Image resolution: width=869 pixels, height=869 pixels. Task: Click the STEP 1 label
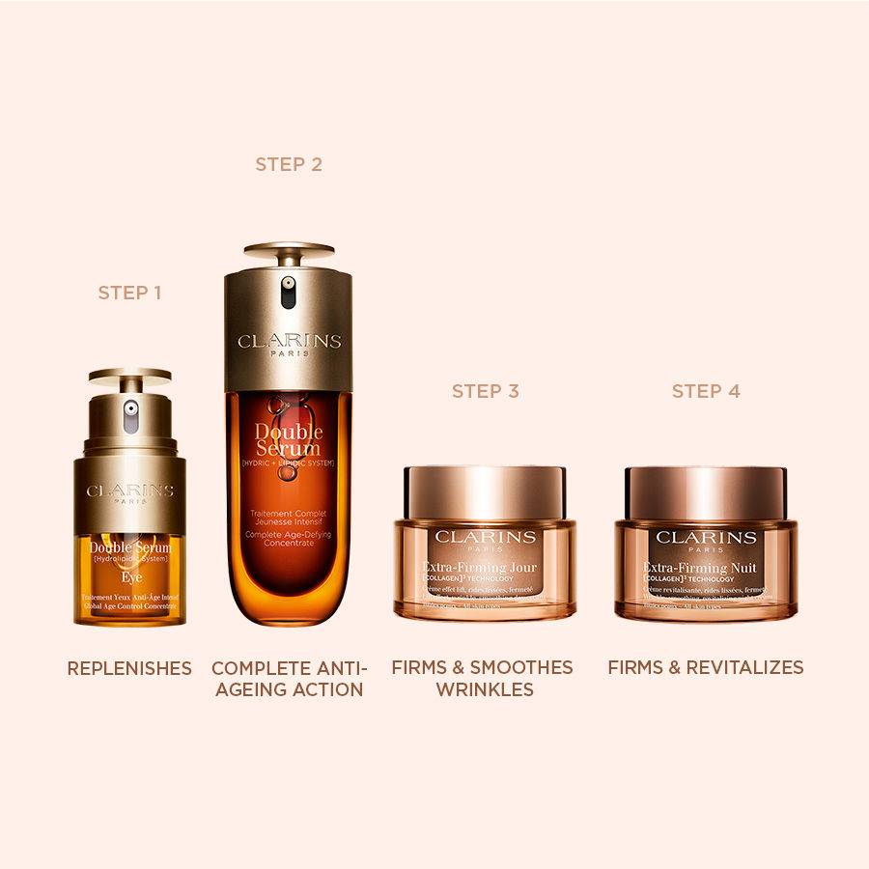pos(129,293)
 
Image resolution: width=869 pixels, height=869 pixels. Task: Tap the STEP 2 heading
pos(289,165)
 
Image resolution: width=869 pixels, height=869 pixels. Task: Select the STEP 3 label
pos(486,391)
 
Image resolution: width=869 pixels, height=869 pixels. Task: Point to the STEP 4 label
pos(706,391)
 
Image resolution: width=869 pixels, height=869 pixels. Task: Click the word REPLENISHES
pos(129,668)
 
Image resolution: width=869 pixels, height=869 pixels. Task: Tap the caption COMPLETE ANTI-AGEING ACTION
pos(289,679)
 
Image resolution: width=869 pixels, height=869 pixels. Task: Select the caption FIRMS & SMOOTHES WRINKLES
pos(482,679)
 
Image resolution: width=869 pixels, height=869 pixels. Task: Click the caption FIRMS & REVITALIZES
pos(706,667)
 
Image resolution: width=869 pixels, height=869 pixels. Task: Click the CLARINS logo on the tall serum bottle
pos(289,342)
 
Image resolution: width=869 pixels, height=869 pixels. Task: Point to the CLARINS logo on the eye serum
pos(129,491)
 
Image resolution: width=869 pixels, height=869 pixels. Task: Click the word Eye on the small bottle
pos(132,578)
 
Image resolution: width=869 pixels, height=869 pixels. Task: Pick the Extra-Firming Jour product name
pos(480,567)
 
